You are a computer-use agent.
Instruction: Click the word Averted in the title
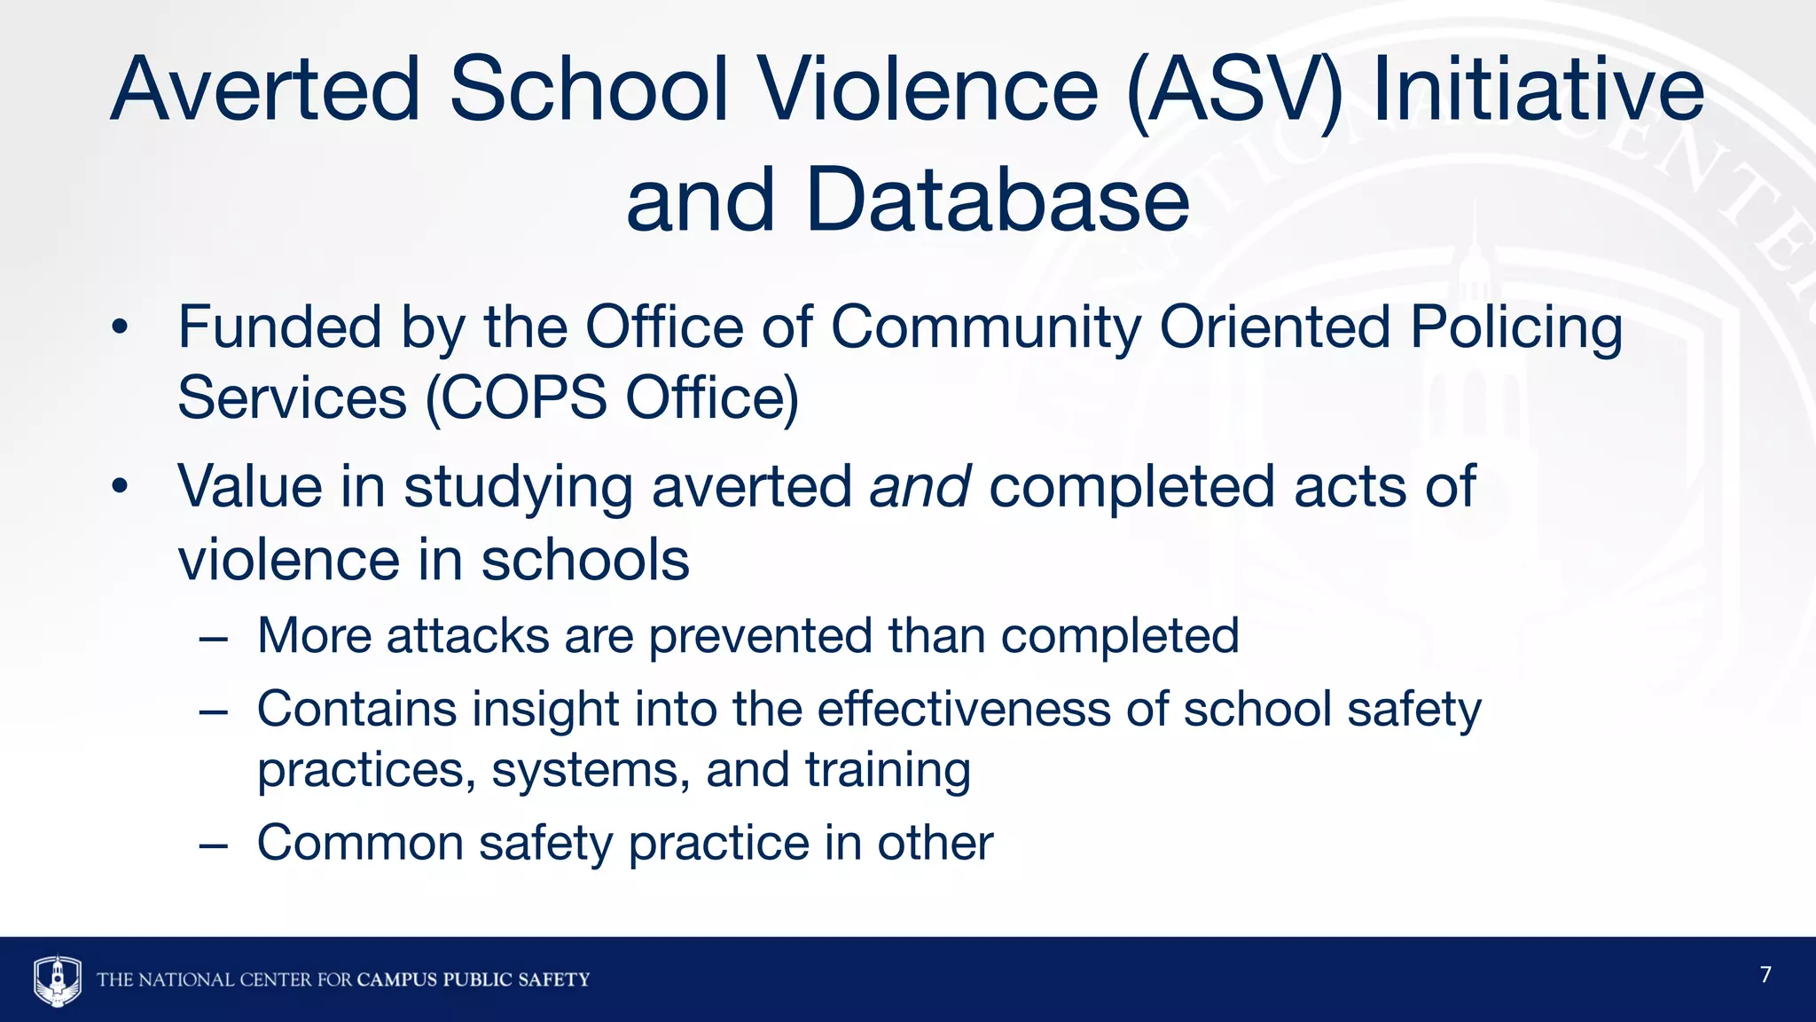tap(265, 90)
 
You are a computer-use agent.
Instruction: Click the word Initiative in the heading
tap(1538, 90)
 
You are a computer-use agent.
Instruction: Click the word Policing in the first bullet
tap(1516, 328)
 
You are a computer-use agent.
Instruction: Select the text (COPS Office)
tap(612, 398)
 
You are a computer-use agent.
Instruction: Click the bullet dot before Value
tap(120, 487)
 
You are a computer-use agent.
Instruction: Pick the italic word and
tap(920, 487)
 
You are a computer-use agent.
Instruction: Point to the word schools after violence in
tap(585, 561)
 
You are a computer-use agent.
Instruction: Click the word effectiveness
tap(964, 709)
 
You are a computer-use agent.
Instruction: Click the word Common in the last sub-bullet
tap(360, 843)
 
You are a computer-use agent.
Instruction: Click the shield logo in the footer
tap(58, 979)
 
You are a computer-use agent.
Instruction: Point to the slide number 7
tap(1765, 975)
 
